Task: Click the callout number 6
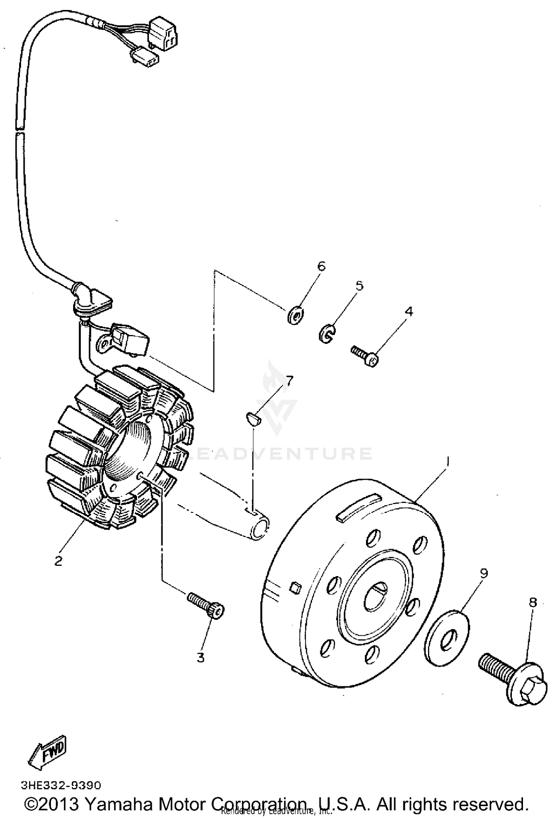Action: tap(321, 266)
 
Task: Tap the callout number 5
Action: tap(359, 286)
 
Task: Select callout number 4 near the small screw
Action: tap(408, 311)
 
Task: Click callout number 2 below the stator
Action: tap(58, 561)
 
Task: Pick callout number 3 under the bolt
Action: tap(200, 658)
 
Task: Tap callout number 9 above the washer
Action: tap(484, 573)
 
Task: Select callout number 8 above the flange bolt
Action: tap(533, 602)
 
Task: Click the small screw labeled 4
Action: tap(366, 355)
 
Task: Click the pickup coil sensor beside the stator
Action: tap(130, 338)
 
